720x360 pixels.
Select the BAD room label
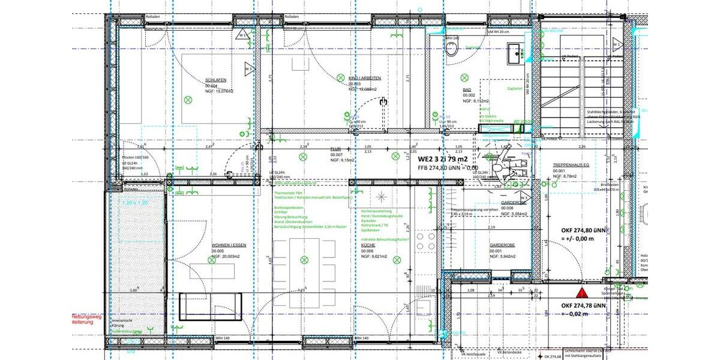click(x=466, y=90)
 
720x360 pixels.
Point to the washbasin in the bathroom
click(x=515, y=53)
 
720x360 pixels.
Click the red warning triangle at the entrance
click(x=581, y=293)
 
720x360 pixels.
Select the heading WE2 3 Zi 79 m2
click(x=443, y=159)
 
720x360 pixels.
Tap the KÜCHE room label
click(x=368, y=246)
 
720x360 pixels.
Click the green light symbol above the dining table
click(x=304, y=259)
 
